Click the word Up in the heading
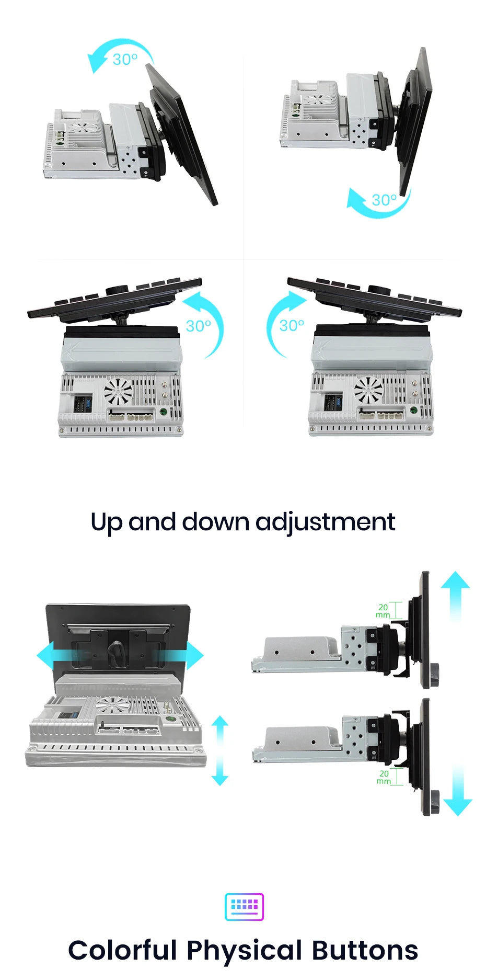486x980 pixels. tap(107, 522)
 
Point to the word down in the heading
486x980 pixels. tap(215, 521)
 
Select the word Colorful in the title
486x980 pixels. tap(123, 950)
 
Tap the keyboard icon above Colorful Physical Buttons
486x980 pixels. tap(244, 907)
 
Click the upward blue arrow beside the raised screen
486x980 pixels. tap(455, 596)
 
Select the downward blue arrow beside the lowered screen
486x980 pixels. tap(457, 790)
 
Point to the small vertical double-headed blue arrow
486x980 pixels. tap(220, 750)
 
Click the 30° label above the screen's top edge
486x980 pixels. tap(125, 59)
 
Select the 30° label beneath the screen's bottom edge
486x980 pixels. tap(384, 200)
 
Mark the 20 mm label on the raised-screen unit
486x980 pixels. tap(383, 611)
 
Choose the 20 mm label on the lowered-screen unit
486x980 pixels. tap(384, 777)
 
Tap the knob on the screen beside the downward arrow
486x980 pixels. tap(435, 802)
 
